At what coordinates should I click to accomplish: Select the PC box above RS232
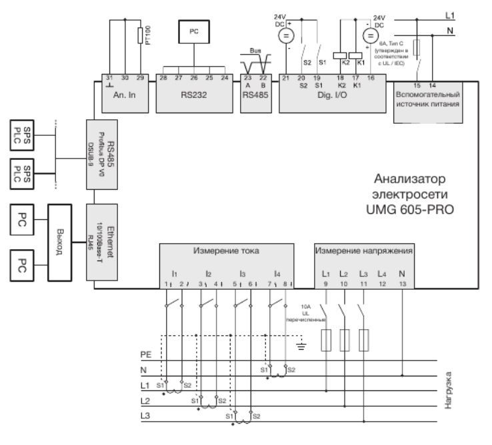coord(193,31)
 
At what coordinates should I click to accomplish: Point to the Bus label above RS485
coord(255,51)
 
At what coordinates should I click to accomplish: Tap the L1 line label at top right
coord(449,13)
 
